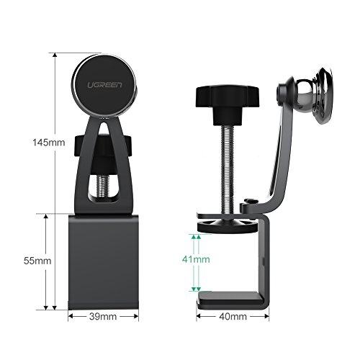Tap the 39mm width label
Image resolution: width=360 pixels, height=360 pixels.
103,316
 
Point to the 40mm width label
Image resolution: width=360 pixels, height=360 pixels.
233,316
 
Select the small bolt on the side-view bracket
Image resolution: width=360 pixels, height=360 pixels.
249,202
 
